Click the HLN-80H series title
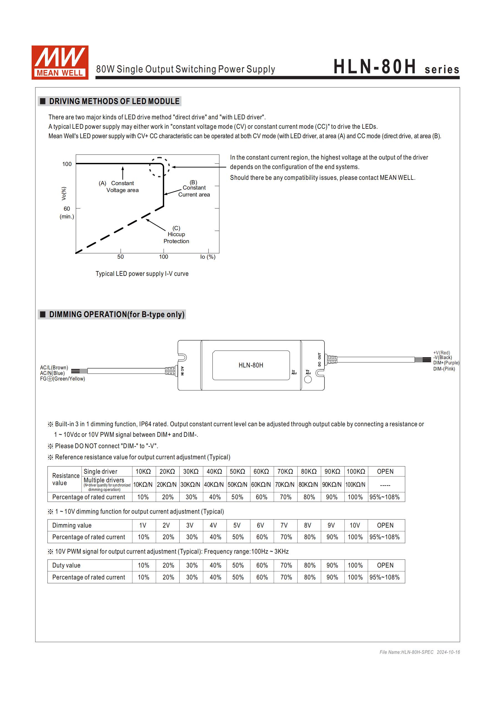(396, 67)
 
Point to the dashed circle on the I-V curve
(159, 167)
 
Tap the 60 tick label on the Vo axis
(67, 209)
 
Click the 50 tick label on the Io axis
(121, 257)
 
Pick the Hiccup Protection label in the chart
(176, 234)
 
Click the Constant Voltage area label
(122, 186)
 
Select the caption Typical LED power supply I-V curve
(142, 274)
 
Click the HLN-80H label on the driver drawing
(251, 365)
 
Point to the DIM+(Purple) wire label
(446, 363)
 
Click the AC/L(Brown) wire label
(54, 368)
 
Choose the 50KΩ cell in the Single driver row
(237, 472)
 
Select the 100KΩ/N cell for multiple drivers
(355, 485)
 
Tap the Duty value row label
(66, 566)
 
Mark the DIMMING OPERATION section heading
(116, 314)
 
